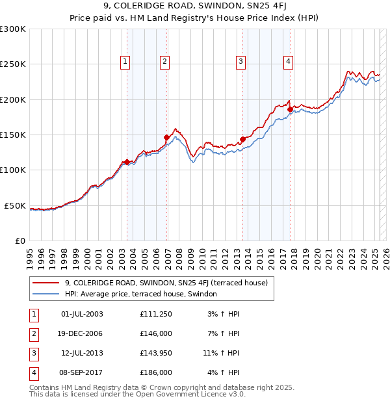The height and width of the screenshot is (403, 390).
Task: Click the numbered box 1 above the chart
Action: [x=125, y=62]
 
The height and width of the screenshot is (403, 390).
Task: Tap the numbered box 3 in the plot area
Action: [x=240, y=62]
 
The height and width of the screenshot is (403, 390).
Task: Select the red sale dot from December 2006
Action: [x=167, y=137]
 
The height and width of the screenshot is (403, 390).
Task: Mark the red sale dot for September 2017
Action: [x=290, y=109]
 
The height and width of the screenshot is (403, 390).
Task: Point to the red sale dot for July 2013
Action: [x=242, y=139]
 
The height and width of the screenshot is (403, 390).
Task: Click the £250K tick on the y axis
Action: [x=13, y=64]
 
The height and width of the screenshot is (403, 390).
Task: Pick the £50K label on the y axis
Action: [x=15, y=205]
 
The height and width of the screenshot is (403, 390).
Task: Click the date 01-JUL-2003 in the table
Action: [x=81, y=314]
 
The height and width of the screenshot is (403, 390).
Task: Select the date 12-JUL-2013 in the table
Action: [x=82, y=353]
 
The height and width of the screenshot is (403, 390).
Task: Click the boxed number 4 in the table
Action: [x=33, y=372]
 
